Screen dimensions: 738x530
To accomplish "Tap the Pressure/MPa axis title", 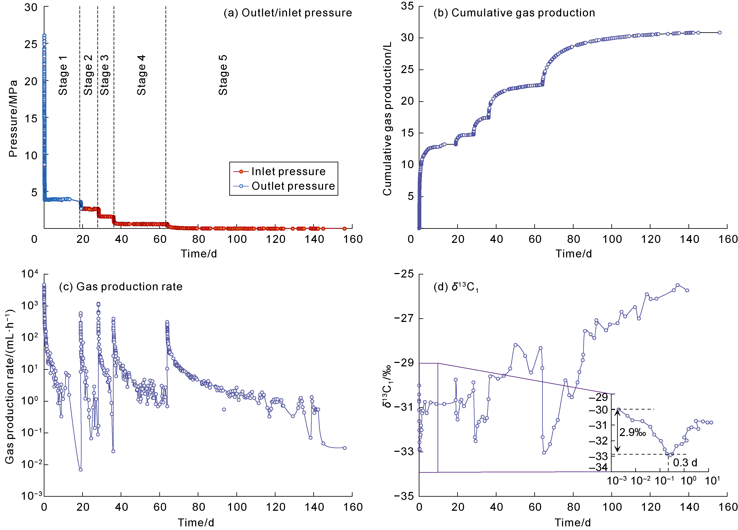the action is coord(13,119).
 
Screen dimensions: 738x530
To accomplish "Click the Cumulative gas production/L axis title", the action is coord(387,119).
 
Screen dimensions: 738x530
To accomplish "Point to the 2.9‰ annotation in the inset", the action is coord(632,432).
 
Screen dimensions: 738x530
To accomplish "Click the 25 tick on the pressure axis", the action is coord(31,44).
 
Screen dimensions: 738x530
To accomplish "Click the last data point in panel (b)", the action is coord(719,32).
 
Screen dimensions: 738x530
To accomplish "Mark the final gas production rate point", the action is coord(345,448).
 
